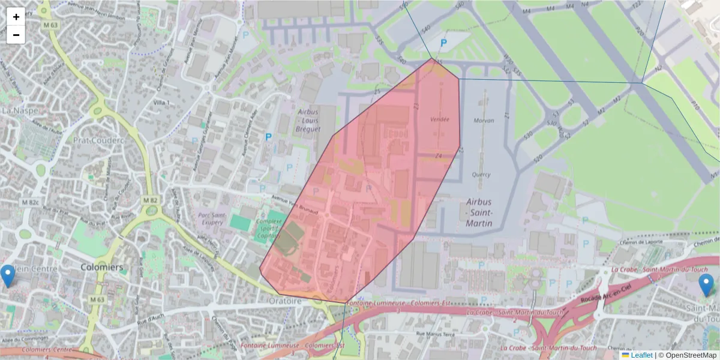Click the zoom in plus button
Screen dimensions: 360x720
[16, 17]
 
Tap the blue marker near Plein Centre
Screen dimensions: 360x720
[8, 275]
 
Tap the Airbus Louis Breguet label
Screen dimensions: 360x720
[310, 120]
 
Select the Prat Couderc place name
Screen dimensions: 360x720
[98, 140]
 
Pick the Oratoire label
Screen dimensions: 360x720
[284, 301]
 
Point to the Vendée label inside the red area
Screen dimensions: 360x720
[440, 119]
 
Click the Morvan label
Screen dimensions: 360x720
[484, 121]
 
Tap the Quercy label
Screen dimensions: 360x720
[481, 175]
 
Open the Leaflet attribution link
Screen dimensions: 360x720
[641, 355]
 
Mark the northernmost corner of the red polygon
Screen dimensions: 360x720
[431, 58]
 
